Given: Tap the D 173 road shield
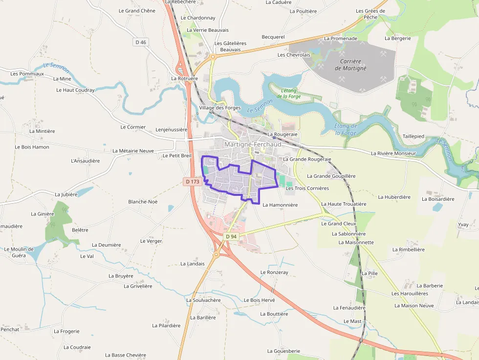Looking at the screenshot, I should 193,182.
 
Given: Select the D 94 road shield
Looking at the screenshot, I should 231,236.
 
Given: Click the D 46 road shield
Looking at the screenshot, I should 140,42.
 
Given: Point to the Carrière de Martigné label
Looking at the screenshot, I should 350,65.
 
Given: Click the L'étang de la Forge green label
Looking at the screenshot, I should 288,93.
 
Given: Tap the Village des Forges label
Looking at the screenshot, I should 220,107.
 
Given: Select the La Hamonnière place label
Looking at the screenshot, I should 280,205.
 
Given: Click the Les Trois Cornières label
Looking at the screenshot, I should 307,188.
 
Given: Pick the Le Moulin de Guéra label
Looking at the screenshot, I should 19,252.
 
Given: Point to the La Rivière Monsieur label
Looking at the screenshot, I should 393,153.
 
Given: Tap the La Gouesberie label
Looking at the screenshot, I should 283,351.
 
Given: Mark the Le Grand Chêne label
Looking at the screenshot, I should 137,11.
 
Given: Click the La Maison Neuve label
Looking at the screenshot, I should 414,306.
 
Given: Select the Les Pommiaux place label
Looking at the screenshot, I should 27,74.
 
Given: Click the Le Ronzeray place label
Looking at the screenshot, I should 274,272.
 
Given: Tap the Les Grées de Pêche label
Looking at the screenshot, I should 370,14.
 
